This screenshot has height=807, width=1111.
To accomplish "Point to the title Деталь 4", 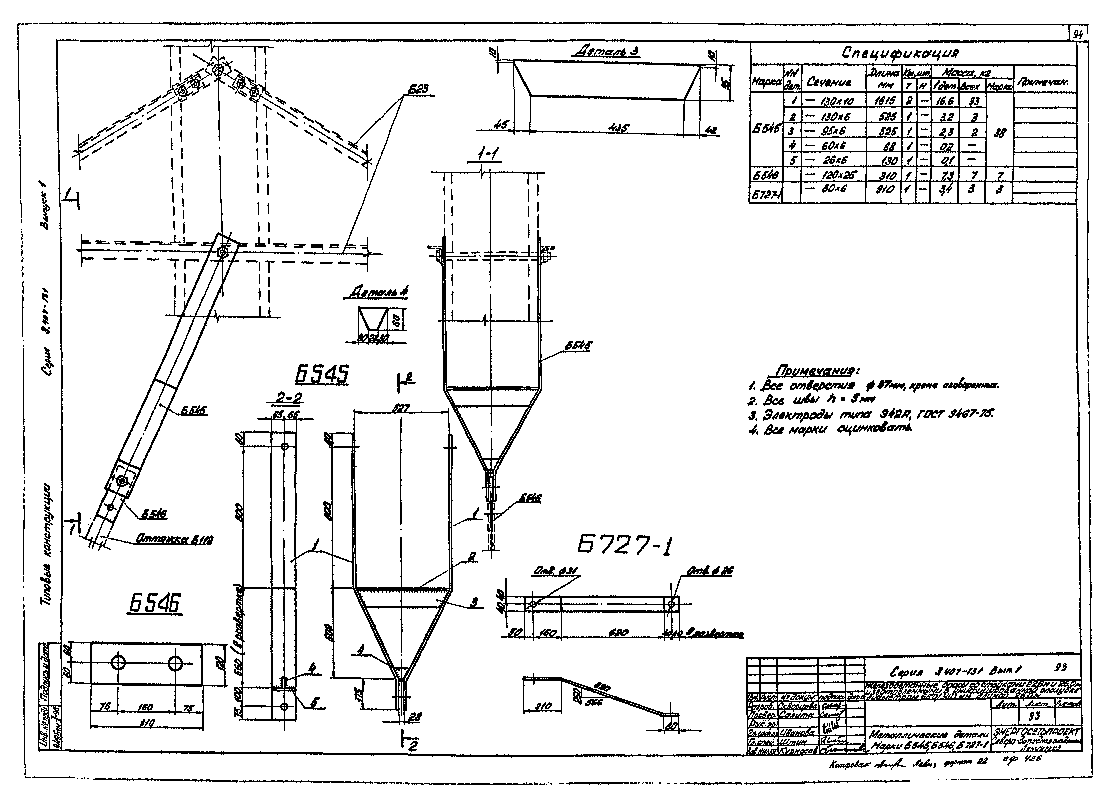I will [x=379, y=293].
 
